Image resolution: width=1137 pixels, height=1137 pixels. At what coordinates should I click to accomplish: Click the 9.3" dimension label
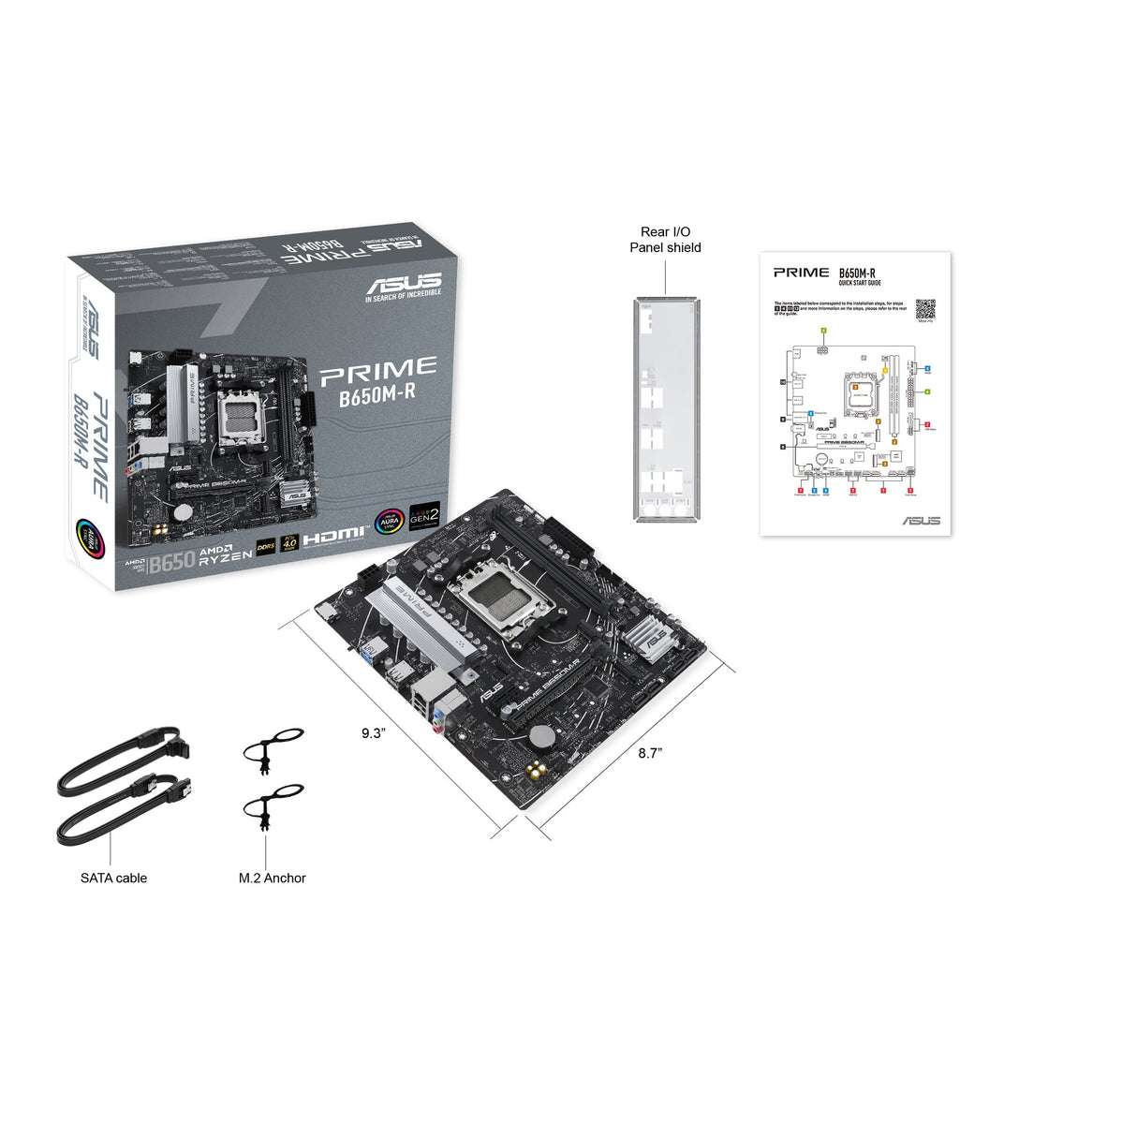click(373, 733)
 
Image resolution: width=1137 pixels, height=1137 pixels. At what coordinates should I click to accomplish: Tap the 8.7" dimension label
click(650, 753)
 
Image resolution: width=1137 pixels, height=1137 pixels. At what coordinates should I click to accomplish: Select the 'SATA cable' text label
click(113, 878)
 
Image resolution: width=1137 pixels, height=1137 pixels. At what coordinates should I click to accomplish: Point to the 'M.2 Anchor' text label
click(272, 878)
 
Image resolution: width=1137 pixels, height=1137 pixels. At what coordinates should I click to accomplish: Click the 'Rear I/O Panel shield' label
click(665, 240)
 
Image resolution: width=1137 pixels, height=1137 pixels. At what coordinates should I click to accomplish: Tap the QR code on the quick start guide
click(925, 309)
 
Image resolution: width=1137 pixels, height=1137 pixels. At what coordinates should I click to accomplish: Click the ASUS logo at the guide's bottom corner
click(921, 521)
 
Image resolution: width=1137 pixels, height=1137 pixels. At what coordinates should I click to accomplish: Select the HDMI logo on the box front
click(333, 536)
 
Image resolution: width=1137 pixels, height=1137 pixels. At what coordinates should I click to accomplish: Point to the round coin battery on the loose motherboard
click(541, 736)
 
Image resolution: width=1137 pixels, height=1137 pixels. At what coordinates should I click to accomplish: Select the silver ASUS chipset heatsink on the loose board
click(652, 639)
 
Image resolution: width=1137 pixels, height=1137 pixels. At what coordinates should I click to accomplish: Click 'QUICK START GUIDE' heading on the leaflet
click(860, 283)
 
